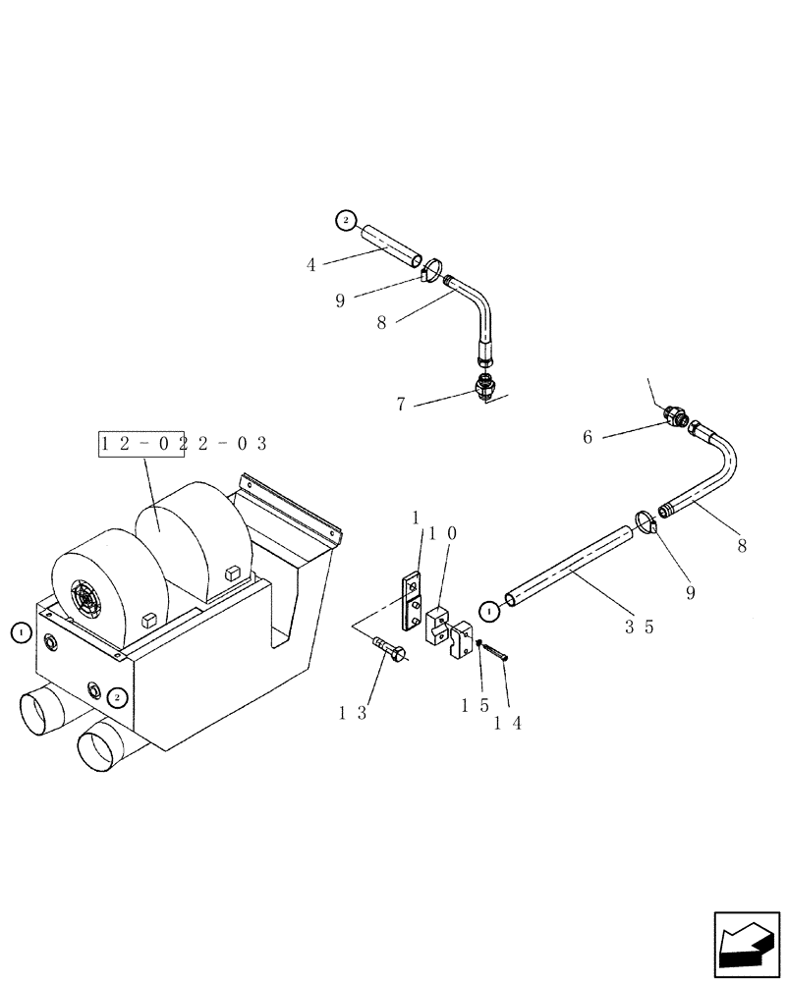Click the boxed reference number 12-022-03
[183, 444]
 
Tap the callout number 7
[401, 404]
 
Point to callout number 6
[588, 437]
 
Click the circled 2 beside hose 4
[345, 221]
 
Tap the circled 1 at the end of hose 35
[488, 612]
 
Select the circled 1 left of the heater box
[21, 633]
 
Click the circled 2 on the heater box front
[117, 697]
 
